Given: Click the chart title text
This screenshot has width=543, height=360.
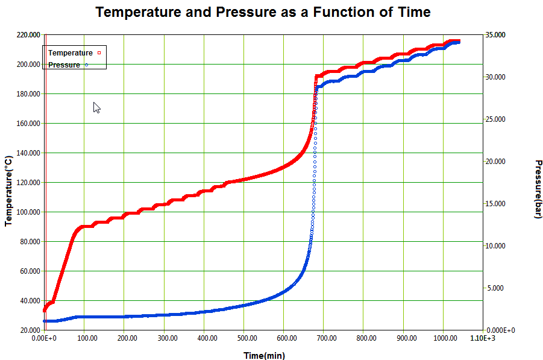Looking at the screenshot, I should (263, 12).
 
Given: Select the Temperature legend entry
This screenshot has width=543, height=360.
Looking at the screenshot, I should (71, 53).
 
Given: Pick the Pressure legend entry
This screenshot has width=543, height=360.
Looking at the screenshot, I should (64, 65).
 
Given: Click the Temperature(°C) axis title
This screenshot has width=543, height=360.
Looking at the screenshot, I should (8, 191).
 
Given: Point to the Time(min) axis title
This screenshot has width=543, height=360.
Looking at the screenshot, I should (264, 356).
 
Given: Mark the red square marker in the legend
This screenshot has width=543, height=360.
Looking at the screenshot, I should (99, 53).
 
